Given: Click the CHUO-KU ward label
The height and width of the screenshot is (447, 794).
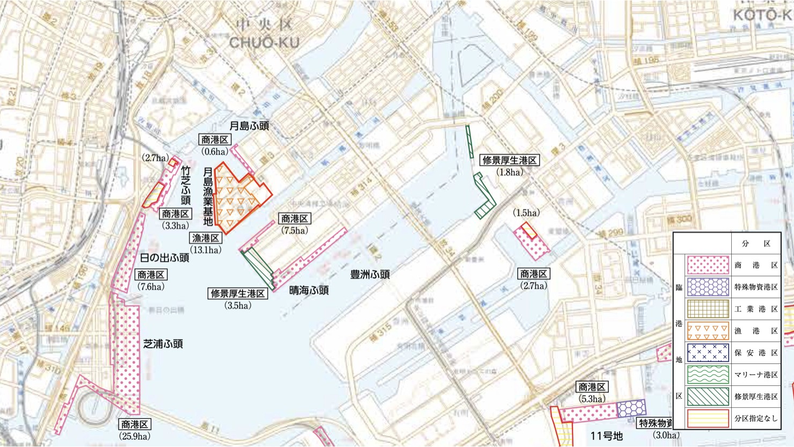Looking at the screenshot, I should click(x=264, y=42).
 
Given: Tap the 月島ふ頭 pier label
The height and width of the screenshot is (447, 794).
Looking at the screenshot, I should click(x=249, y=126).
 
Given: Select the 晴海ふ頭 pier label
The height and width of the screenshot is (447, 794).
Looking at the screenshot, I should click(x=308, y=290).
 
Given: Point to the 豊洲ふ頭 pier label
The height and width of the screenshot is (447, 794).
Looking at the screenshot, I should click(x=370, y=274).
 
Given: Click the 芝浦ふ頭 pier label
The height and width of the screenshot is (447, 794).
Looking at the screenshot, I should click(x=163, y=344).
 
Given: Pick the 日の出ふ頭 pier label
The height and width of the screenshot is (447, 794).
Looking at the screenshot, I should click(x=164, y=258).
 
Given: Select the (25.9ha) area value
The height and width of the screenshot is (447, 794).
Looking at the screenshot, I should click(x=134, y=436).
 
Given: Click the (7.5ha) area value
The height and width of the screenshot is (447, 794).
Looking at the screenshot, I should click(x=295, y=231).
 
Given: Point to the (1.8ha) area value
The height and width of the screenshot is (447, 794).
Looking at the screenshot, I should click(x=509, y=172).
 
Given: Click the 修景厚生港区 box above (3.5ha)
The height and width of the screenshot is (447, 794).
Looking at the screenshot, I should click(x=238, y=294).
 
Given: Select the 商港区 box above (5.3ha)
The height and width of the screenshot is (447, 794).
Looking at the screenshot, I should click(x=592, y=387).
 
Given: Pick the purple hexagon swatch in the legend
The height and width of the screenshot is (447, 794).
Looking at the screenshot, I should click(x=708, y=287).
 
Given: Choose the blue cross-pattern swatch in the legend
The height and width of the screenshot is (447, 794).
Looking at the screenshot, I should click(x=708, y=353).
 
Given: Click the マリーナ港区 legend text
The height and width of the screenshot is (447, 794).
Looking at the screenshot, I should click(x=756, y=375).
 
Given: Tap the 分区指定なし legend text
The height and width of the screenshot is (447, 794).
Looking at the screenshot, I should click(x=756, y=419).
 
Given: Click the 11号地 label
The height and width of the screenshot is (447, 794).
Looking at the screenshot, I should click(x=606, y=436).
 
